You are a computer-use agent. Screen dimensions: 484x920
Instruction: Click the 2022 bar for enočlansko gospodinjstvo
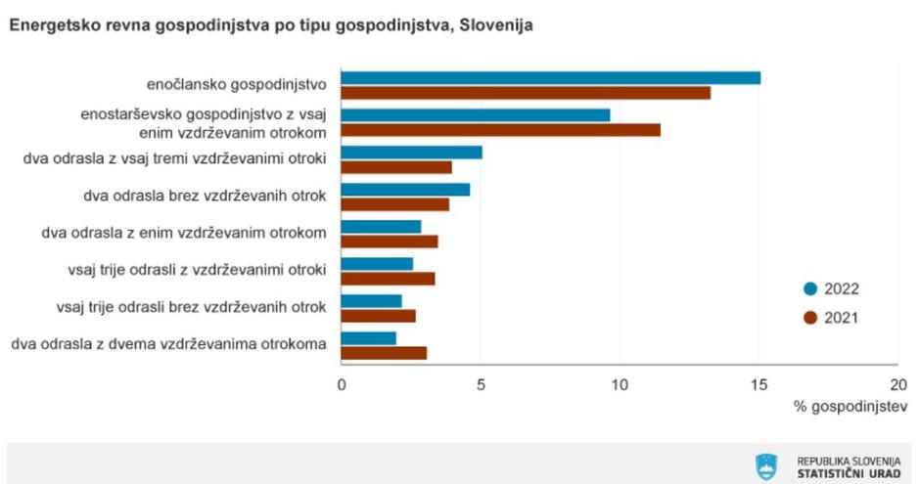pyautogui.click(x=550, y=78)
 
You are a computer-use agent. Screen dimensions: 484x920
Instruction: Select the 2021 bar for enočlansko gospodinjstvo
pyautogui.click(x=526, y=93)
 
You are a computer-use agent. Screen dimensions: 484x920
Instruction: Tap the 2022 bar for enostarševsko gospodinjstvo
pyautogui.click(x=475, y=115)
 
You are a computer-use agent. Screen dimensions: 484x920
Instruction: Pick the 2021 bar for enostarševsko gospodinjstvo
pyautogui.click(x=500, y=130)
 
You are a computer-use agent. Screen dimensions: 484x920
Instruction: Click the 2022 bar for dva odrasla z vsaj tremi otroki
pyautogui.click(x=411, y=153)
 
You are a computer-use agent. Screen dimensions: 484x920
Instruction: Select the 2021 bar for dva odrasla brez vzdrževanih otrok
pyautogui.click(x=394, y=204)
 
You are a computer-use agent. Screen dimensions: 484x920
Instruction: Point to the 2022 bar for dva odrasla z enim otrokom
pyautogui.click(x=381, y=227)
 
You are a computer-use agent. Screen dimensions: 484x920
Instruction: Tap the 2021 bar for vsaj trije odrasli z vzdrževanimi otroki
pyautogui.click(x=388, y=279)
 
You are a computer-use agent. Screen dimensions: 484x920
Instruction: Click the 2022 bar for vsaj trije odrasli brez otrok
pyautogui.click(x=371, y=301)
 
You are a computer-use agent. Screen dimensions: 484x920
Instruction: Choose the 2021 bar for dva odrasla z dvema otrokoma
pyautogui.click(x=384, y=353)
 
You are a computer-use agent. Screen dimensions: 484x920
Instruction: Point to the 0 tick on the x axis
pyautogui.click(x=342, y=384)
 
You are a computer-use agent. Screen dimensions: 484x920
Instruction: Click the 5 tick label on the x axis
pyautogui.click(x=481, y=384)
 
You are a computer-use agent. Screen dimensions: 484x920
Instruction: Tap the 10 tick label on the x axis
pyautogui.click(x=620, y=384)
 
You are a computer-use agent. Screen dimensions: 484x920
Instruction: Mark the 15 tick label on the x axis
pyautogui.click(x=759, y=384)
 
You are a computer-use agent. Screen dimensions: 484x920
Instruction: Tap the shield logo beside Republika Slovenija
pyautogui.click(x=766, y=465)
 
